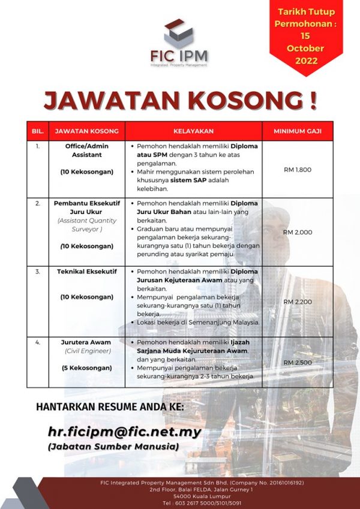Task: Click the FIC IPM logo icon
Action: (x=179, y=33)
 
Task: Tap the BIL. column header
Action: (x=38, y=131)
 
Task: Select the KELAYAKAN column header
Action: (x=193, y=131)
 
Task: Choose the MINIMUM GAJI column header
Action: (x=297, y=131)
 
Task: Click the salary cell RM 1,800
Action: (x=298, y=170)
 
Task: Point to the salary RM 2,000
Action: (x=298, y=232)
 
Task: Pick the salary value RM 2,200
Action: (x=298, y=302)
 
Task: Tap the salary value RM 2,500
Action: (x=298, y=363)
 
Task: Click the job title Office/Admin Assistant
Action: (x=84, y=150)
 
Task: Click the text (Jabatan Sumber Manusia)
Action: (x=113, y=447)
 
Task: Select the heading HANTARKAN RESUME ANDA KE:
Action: (x=111, y=407)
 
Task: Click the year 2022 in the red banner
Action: (x=306, y=60)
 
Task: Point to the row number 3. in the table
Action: (x=38, y=272)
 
